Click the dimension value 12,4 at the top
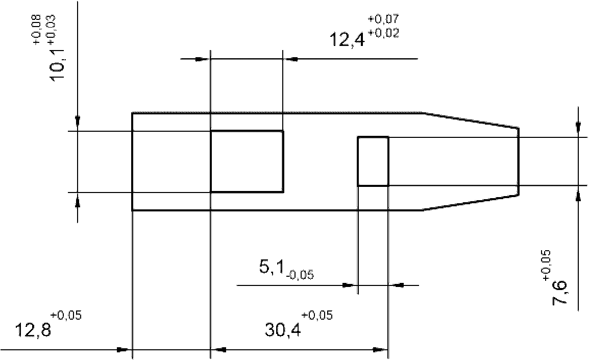(347, 40)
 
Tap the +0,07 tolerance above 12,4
(383, 19)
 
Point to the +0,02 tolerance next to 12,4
(383, 33)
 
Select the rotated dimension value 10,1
(58, 65)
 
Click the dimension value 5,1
(271, 267)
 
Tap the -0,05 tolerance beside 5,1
(300, 275)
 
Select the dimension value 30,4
(282, 330)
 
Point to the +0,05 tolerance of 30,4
(316, 315)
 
